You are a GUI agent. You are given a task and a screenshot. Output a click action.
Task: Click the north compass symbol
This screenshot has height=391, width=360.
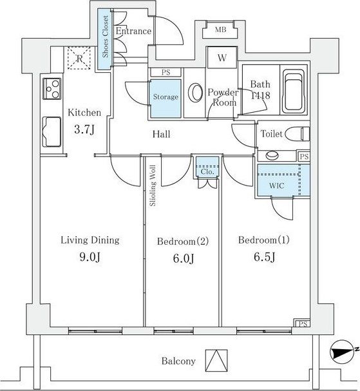coord(342,352)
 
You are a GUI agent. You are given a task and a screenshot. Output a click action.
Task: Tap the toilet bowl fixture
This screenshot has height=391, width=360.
coord(298,133)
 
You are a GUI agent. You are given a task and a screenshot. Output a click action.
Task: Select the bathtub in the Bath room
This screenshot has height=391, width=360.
coord(294,91)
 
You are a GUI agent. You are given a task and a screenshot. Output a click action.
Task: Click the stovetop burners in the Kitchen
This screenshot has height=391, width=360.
coord(52,89)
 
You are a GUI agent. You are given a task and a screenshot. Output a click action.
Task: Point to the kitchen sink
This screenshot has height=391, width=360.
coord(52,132)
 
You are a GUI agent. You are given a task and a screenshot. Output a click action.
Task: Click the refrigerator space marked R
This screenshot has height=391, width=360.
coord(79,59)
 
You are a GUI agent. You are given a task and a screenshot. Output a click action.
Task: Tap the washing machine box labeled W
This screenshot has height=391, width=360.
coord(222,57)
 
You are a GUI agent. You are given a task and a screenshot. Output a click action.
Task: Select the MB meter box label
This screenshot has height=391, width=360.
coord(220,30)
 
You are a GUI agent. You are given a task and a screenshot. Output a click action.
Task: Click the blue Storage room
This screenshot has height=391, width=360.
coord(165,99)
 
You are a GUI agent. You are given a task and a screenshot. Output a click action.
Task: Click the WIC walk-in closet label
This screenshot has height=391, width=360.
coord(276,186)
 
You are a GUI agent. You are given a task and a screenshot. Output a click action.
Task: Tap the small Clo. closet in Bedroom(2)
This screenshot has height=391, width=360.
coord(207,167)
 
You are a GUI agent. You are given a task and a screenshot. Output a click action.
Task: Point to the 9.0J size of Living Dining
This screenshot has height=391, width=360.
coord(90,257)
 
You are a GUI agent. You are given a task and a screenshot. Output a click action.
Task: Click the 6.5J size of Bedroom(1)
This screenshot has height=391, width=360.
coord(264,257)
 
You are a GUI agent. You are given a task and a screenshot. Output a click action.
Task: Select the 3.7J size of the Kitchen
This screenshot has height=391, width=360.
coord(84,129)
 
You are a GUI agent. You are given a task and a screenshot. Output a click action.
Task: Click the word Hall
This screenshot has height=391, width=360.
coord(161,135)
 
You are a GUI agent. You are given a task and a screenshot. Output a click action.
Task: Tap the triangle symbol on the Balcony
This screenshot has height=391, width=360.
coord(216,361)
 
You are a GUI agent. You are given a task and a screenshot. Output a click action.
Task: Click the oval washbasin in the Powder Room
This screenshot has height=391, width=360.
coord(195,93)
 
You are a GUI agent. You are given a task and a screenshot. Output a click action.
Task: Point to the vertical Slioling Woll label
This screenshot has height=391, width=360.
coord(153,186)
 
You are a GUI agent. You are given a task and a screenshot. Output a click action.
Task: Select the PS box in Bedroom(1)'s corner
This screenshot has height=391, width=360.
coord(302,323)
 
